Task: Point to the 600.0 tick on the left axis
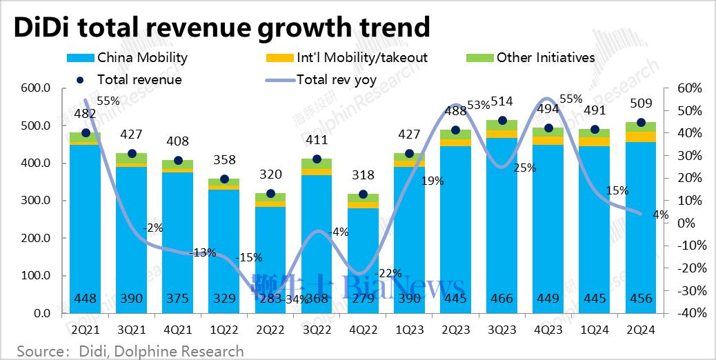36,89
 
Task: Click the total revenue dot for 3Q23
502,121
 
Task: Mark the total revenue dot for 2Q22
270,194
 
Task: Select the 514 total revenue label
502,102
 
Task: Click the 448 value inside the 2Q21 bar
85,299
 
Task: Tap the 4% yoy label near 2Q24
660,214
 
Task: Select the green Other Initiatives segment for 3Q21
131,158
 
